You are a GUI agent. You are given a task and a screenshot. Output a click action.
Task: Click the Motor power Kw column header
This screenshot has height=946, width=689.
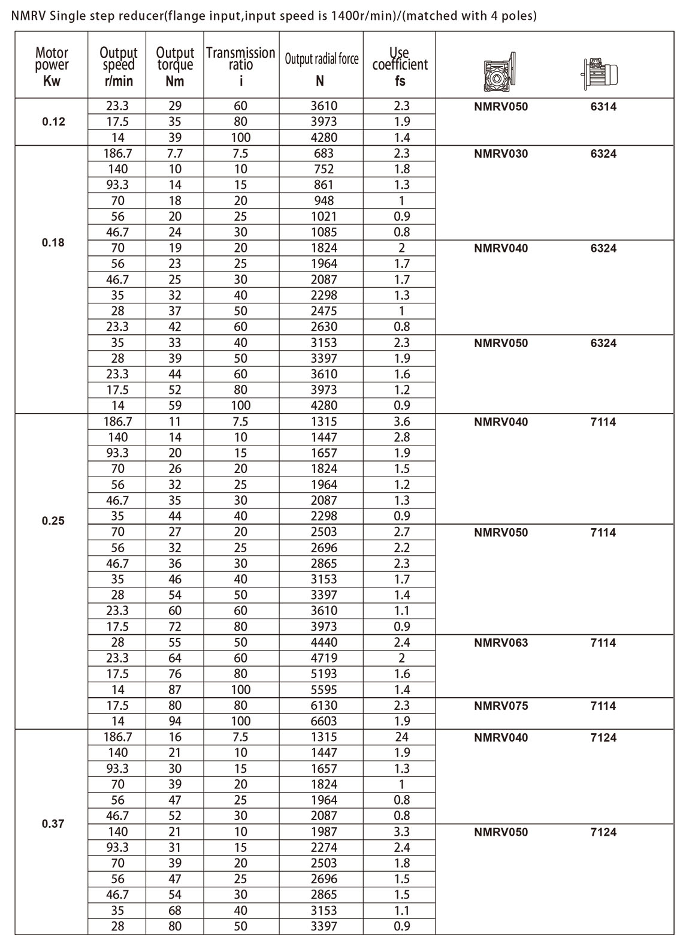point(52,65)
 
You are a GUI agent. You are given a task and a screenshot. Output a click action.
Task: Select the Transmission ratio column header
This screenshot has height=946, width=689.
point(240,65)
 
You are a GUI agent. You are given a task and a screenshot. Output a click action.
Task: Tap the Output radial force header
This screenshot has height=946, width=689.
point(321,59)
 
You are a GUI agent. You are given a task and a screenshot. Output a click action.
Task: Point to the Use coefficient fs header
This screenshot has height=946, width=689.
point(400,65)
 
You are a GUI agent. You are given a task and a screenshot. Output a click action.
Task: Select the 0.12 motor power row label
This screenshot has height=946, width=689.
point(53,122)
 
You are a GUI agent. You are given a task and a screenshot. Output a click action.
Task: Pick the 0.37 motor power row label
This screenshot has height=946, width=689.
point(53,824)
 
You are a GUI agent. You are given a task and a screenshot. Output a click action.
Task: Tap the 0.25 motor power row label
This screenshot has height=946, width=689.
point(53,520)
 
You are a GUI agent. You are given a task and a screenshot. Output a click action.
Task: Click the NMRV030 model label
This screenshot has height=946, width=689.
point(501,153)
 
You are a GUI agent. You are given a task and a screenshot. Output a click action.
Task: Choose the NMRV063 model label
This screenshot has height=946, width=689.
point(501,643)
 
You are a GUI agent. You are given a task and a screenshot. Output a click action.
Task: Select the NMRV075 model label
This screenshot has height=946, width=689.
point(501,706)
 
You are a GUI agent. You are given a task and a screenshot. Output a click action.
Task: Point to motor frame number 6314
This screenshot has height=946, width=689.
point(603,107)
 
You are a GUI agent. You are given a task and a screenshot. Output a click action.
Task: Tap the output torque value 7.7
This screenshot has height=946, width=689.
point(174,153)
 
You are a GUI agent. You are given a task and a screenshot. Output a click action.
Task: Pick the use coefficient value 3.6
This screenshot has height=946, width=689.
point(401,421)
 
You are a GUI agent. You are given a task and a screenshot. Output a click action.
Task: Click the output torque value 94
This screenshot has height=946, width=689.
point(174,721)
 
